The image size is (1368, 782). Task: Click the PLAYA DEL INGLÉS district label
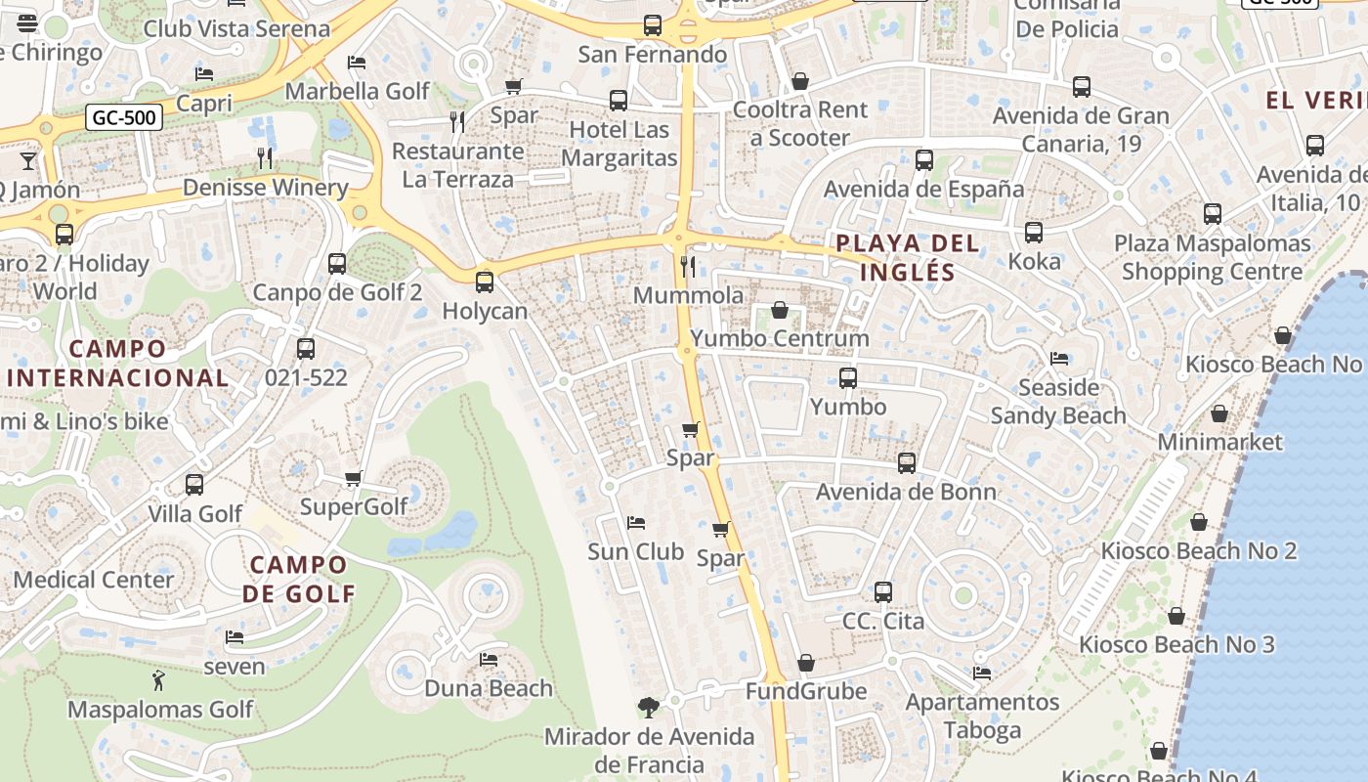click(907, 257)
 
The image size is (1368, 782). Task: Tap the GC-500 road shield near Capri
click(123, 118)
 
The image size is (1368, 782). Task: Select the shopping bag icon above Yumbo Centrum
click(780, 311)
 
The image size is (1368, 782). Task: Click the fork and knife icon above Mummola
click(688, 266)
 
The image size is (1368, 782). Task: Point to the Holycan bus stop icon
click(484, 282)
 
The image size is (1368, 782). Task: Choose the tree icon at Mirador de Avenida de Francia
click(648, 707)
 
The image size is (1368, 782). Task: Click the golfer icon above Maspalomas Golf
click(159, 679)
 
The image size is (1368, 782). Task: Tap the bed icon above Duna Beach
click(489, 660)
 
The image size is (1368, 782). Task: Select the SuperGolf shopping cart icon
click(354, 478)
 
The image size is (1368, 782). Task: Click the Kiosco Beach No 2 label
click(1198, 550)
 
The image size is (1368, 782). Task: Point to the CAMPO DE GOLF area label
click(298, 579)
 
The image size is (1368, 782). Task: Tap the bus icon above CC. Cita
click(883, 591)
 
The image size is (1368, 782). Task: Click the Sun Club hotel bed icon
click(636, 523)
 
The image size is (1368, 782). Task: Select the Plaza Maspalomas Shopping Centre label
click(1212, 257)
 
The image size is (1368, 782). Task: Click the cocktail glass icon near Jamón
click(27, 159)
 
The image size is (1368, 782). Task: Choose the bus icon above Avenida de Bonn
click(907, 462)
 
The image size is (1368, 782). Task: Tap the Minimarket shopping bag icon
click(1218, 413)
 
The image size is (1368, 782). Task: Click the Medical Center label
click(94, 580)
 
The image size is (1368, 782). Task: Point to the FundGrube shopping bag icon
click(805, 664)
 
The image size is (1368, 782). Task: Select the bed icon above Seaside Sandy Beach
click(1058, 359)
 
